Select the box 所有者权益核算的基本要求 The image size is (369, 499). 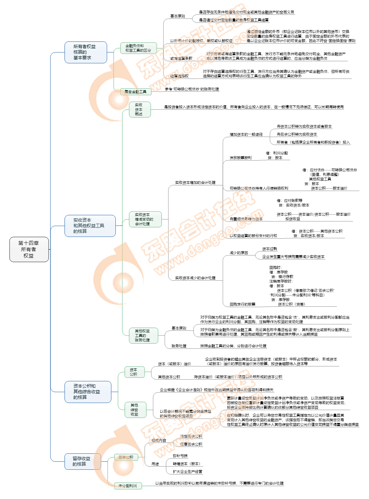pyautogui.click(x=86, y=52)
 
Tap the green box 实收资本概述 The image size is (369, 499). pyautogui.click(x=139, y=109)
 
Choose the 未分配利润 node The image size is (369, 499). pyautogui.click(x=128, y=486)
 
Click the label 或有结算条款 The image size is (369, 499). pyautogui.click(x=181, y=58)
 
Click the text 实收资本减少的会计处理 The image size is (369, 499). pyautogui.click(x=196, y=278)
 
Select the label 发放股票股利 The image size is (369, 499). pyautogui.click(x=240, y=158)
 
